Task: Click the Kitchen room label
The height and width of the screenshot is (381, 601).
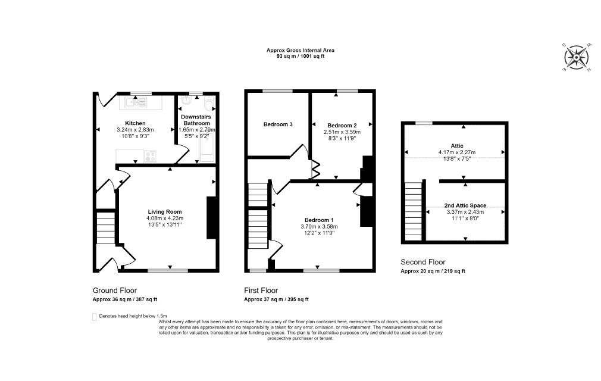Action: tap(135, 123)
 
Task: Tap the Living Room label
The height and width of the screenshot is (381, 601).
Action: tap(165, 211)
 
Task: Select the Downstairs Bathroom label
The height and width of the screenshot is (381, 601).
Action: tap(196, 120)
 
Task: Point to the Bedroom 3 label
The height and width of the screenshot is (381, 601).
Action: tap(278, 124)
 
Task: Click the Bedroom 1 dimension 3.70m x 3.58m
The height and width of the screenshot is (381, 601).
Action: tap(319, 227)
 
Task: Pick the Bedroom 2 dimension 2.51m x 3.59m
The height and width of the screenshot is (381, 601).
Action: tap(342, 132)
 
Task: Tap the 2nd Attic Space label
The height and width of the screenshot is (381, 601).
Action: tap(465, 205)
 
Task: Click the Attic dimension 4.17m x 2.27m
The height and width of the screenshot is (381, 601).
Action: tap(457, 152)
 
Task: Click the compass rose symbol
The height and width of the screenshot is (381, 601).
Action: tap(577, 58)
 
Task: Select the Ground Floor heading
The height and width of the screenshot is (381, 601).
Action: tap(115, 291)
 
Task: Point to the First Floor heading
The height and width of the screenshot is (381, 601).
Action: tap(261, 291)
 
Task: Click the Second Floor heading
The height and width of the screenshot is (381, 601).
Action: tap(423, 262)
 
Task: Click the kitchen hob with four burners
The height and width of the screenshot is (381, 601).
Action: tap(150, 156)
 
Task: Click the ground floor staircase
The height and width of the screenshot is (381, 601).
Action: tap(105, 229)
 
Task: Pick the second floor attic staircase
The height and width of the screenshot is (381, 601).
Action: tap(414, 211)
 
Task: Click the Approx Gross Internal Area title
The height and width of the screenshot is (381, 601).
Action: tap(300, 50)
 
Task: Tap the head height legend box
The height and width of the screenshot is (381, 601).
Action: tap(94, 317)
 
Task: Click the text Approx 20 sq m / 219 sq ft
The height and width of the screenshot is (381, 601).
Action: tap(433, 271)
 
